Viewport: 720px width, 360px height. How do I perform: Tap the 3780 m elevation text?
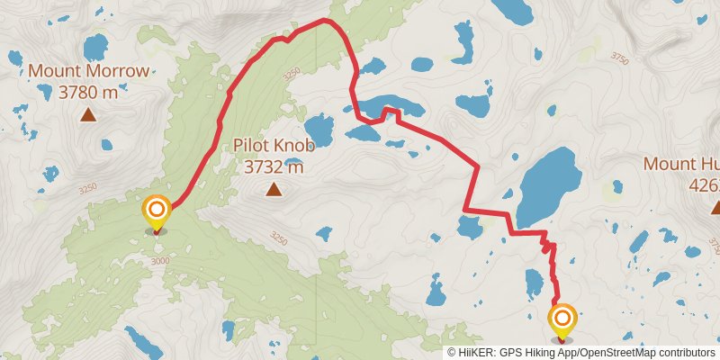click(88, 91)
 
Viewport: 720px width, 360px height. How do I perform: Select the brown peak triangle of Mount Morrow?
click(88, 114)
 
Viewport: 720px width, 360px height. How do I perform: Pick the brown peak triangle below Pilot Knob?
click(273, 189)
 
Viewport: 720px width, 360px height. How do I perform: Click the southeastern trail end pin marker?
click(562, 319)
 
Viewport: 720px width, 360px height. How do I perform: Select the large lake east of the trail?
click(548, 187)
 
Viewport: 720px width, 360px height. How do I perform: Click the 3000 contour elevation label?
click(160, 261)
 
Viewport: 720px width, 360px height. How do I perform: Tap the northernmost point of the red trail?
click(325, 19)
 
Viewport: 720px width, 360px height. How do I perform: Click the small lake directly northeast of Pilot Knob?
click(319, 130)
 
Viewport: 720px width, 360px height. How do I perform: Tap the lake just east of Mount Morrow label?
click(95, 46)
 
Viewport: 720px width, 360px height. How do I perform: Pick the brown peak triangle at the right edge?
click(716, 208)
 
